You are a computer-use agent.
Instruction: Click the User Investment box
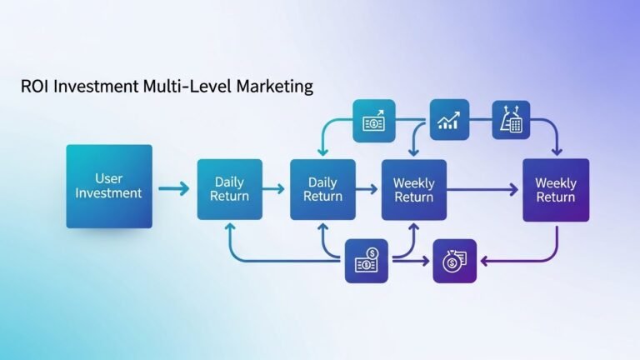point(109,186)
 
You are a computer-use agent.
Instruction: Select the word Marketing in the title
point(275,87)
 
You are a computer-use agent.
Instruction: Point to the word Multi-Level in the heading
point(187,87)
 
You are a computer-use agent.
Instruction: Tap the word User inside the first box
point(108,178)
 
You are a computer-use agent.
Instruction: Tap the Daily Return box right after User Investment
point(230,189)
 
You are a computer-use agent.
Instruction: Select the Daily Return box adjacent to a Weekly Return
point(322,190)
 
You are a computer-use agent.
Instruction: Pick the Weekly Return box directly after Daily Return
point(414,190)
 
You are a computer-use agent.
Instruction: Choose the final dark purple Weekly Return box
point(556,190)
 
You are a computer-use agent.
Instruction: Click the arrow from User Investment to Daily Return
point(174,188)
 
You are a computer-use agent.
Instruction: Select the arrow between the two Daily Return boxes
point(273,188)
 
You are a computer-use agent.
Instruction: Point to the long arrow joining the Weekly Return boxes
point(482,189)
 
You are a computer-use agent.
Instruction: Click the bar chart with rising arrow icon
point(449,120)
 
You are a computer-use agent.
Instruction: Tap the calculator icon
point(511,120)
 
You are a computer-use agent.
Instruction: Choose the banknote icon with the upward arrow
point(374,121)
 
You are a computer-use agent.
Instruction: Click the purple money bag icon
point(455,261)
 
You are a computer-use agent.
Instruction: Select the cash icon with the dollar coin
point(367,261)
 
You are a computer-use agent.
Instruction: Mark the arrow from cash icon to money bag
point(411,261)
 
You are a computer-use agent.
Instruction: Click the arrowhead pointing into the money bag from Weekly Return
point(484,261)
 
